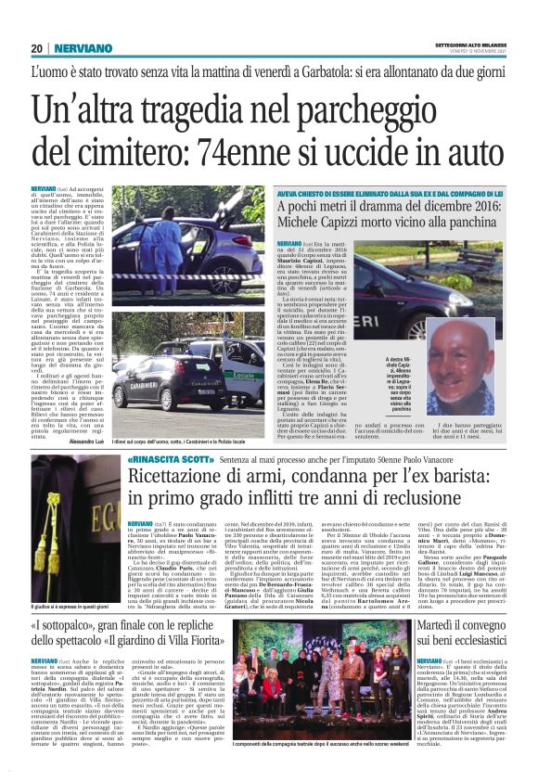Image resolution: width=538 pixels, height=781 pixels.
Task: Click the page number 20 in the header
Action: [37, 48]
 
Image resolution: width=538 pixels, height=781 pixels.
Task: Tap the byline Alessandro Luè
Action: [82, 416]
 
